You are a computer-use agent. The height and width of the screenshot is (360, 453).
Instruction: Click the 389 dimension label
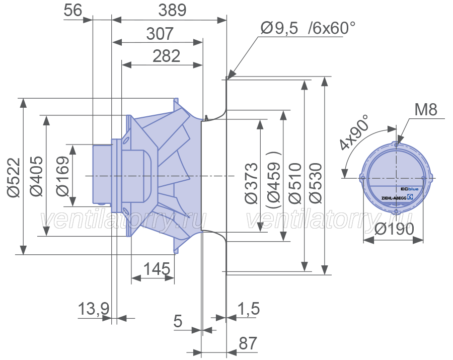pos(172,10)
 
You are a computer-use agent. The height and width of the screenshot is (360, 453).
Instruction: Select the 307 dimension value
pos(160,34)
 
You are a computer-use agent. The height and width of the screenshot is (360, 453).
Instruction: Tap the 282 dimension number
pos(166,56)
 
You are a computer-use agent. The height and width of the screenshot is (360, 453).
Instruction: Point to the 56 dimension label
pos(73,10)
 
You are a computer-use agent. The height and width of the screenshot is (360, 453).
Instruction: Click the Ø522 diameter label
pos(14,177)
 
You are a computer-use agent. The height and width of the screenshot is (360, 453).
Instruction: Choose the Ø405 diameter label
pos(37,176)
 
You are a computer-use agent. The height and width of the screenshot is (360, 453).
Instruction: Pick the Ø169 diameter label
pos(63,176)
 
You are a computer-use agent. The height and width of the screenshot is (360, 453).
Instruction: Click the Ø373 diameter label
pos(251,183)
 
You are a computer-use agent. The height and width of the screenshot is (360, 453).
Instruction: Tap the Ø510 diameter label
pos(295,183)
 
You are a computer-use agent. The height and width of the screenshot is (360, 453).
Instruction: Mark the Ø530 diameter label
pos(315,183)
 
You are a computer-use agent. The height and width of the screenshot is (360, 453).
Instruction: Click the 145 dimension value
pos(157,269)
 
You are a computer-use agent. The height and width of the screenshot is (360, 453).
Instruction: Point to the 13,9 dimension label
pos(94,309)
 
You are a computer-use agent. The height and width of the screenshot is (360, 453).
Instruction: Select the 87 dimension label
pos(248,343)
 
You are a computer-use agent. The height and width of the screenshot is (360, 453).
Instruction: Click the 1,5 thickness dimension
pos(249,309)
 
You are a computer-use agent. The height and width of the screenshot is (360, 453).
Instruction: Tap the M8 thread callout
pos(426,110)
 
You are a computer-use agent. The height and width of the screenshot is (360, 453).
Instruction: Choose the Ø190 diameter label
pos(394,229)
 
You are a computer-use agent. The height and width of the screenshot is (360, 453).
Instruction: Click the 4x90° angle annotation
pos(354,132)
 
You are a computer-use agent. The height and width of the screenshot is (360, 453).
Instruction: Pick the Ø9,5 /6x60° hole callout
pos(308,28)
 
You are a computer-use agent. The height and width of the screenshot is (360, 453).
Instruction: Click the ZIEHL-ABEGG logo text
pos(394,198)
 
